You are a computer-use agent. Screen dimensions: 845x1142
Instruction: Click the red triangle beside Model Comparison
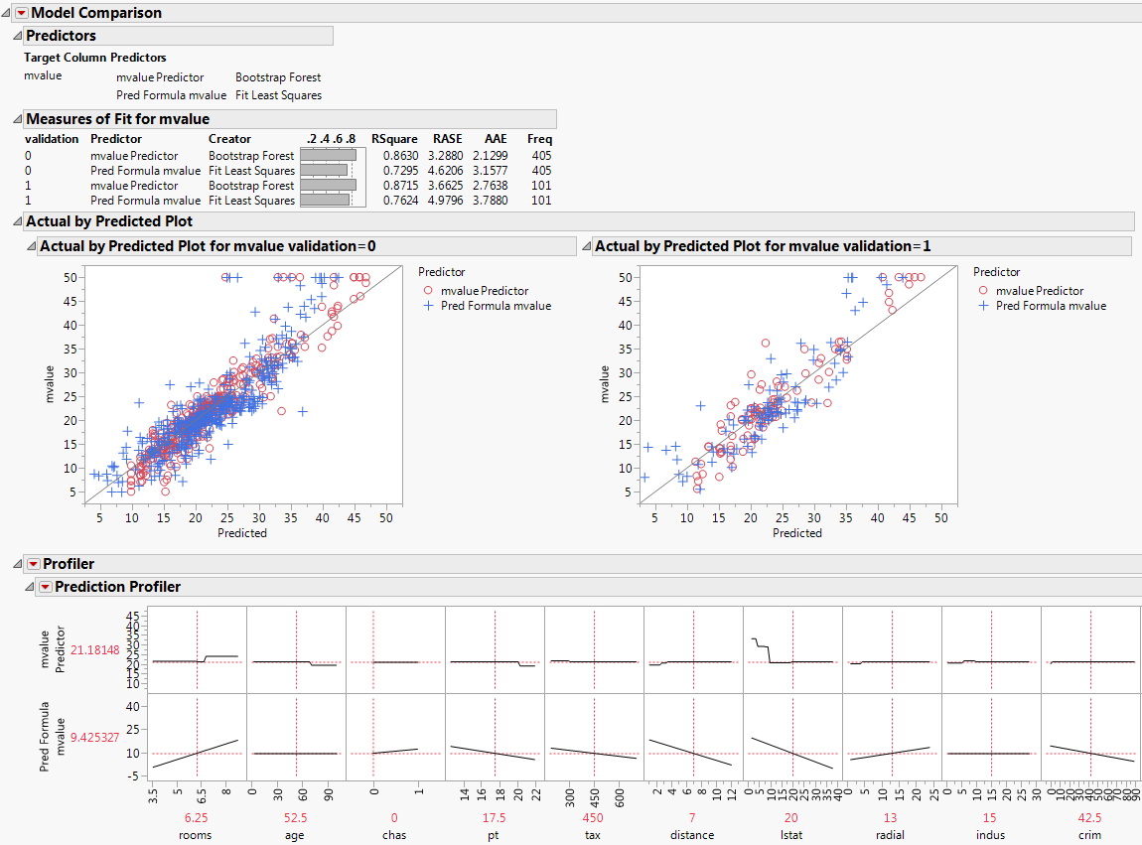22,13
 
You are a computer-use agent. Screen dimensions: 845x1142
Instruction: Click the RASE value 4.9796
447,201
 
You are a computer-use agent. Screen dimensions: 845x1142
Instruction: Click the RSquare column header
394,139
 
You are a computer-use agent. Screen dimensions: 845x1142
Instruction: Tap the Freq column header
539,139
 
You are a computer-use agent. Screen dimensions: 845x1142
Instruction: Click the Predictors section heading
61,36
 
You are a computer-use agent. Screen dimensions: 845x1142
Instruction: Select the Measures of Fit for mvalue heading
117,119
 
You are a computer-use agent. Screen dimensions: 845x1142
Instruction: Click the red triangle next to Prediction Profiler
45,587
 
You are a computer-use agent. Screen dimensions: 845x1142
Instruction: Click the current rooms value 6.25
196,818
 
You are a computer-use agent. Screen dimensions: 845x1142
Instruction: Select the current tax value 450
593,818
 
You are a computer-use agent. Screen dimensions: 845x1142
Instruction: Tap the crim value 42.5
1089,818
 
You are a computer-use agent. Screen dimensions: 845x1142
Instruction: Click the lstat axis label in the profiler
791,835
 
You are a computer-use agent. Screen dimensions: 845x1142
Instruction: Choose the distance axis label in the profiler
692,835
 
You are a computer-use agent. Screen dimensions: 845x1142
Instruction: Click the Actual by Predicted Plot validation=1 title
763,246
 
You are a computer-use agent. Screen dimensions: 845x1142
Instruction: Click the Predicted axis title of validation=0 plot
242,533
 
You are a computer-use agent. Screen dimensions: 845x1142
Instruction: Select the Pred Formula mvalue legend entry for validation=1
1051,306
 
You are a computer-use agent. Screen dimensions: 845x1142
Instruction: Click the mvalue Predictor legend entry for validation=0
485,291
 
